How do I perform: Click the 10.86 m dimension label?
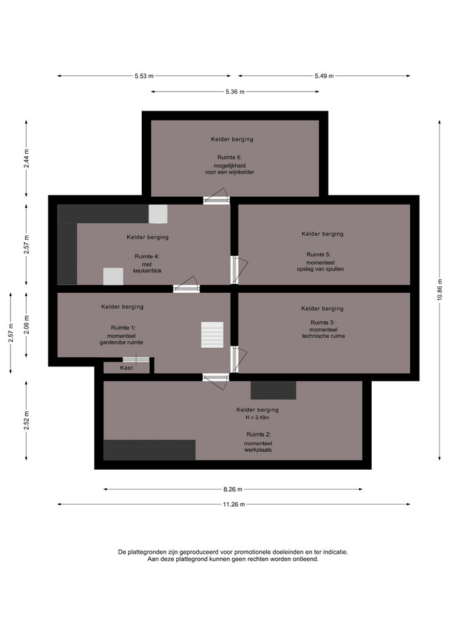439,290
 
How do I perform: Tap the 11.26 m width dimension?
234,505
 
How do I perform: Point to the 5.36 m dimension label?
235,91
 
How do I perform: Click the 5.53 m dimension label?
144,76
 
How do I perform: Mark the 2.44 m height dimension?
27,158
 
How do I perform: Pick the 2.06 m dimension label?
27,325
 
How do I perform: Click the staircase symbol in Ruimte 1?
212,335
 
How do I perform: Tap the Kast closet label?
126,368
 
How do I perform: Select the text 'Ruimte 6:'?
230,158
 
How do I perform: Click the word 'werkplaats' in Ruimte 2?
258,450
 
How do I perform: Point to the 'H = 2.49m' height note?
257,417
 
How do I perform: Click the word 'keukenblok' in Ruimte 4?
147,271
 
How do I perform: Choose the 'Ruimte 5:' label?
319,254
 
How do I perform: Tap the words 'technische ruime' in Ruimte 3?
323,336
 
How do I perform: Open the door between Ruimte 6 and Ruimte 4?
217,197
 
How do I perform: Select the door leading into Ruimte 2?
216,380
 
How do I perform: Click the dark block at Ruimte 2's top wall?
273,390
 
